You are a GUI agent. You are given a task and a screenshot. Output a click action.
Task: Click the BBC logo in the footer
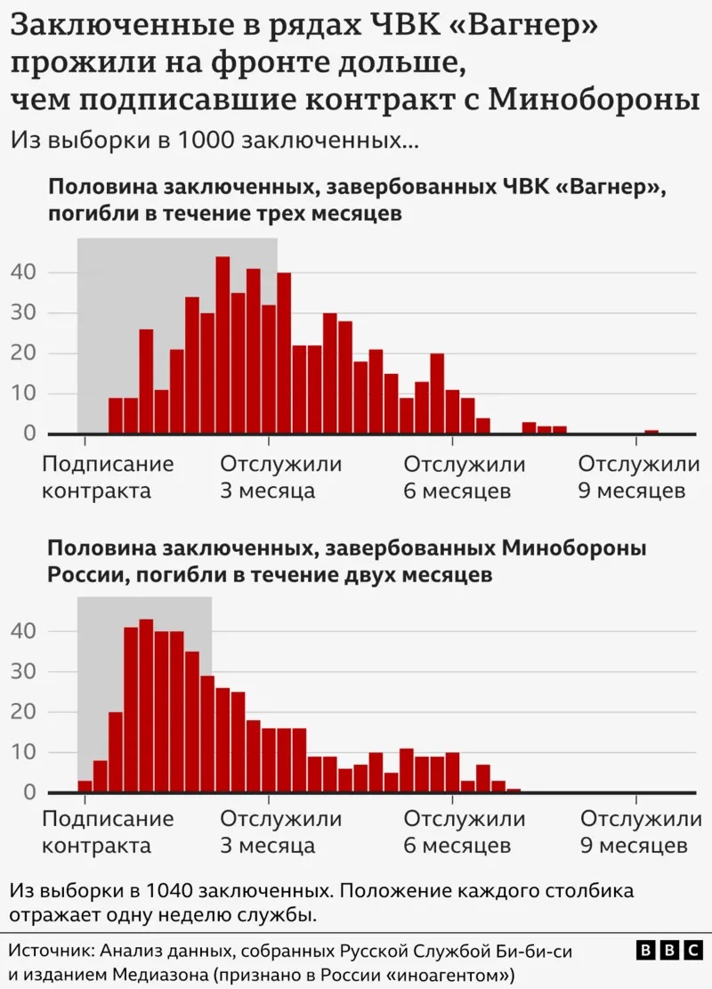coord(670,951)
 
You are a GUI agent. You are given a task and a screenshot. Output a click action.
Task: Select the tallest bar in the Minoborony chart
coord(146,705)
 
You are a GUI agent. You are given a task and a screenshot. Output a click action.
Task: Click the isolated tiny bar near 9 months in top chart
coord(651,432)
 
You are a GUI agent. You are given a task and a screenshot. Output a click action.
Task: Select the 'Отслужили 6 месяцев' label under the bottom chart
coord(465,832)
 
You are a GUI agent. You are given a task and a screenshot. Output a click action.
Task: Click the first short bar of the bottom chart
coord(85,786)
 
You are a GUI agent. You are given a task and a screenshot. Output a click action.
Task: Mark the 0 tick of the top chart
coord(29,434)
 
